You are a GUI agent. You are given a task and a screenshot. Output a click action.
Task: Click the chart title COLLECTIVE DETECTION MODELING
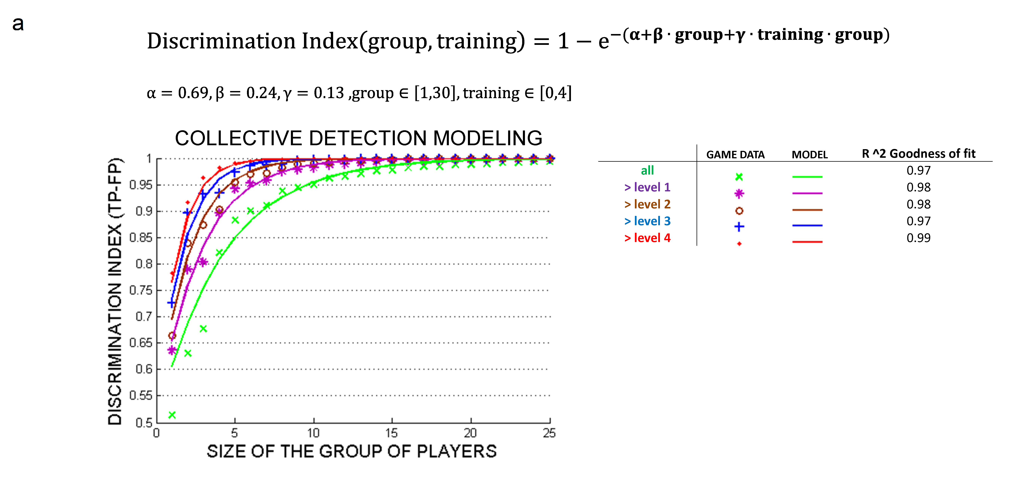coord(358,138)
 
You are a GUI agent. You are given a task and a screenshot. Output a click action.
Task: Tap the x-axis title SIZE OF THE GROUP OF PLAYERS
coord(351,451)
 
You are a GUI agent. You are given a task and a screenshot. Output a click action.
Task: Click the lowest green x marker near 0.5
coord(172,415)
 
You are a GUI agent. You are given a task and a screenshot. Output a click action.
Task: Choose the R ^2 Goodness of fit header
coord(918,153)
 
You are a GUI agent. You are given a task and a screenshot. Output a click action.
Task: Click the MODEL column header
coord(809,155)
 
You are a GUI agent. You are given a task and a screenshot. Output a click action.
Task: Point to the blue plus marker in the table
coord(739,227)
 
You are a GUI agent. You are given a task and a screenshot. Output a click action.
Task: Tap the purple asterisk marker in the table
coord(739,193)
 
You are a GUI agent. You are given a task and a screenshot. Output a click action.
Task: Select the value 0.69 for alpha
coord(193,93)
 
